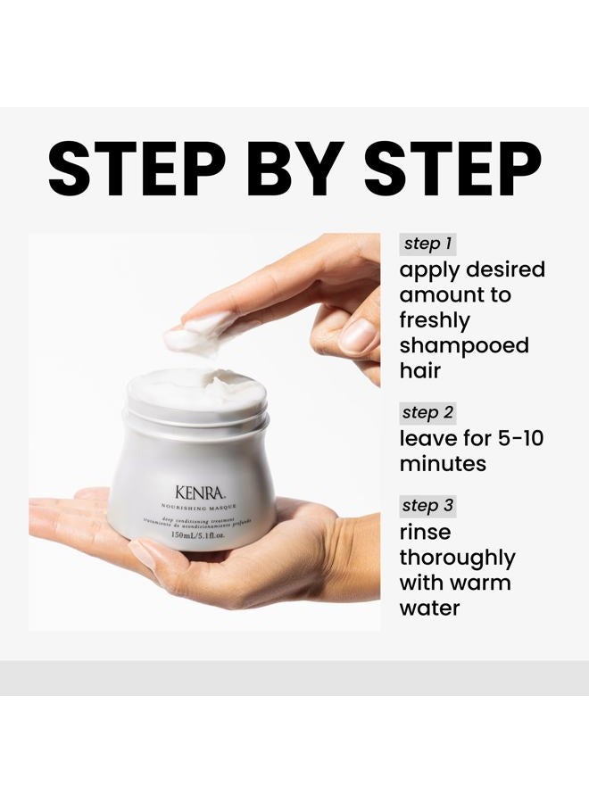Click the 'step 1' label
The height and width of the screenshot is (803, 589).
click(x=428, y=244)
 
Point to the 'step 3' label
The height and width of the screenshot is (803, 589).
click(x=428, y=506)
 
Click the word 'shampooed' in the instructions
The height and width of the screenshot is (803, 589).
click(x=464, y=345)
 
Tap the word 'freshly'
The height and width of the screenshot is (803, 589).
click(x=435, y=319)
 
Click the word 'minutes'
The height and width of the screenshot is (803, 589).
click(x=443, y=464)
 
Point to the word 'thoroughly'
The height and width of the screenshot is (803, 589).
click(x=457, y=558)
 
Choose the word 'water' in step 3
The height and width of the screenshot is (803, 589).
click(x=429, y=608)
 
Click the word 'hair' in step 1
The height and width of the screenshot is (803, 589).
click(x=419, y=370)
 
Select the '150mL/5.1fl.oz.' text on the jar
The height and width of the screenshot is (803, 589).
click(x=190, y=536)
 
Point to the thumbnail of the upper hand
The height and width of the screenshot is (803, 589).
click(x=360, y=335)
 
